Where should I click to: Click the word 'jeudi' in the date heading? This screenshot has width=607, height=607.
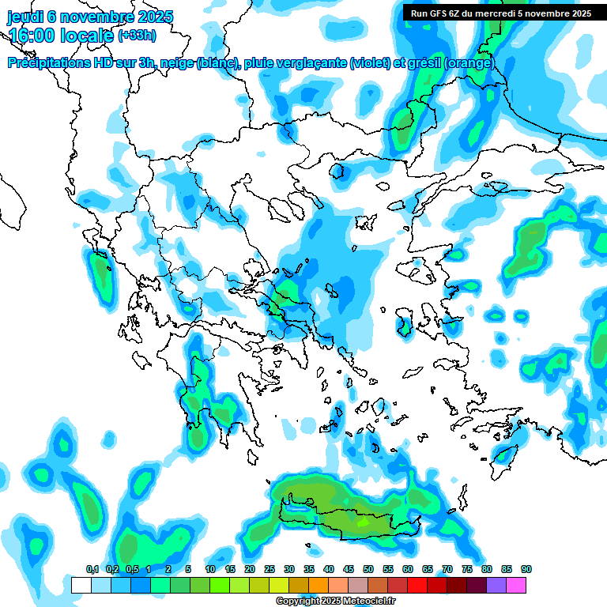pos(25,17)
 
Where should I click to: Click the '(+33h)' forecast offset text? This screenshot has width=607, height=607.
pos(137,36)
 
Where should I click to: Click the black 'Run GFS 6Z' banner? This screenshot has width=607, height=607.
pos(501,13)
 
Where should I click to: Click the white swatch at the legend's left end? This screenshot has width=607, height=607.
pos(81,585)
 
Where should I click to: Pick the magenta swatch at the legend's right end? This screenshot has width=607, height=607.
pos(516,585)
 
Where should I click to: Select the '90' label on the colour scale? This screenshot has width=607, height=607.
pos(526,569)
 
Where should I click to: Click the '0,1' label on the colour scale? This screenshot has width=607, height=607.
pos(92,569)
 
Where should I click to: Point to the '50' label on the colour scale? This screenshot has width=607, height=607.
pos(368,569)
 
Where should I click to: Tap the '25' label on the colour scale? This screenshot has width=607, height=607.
pos(270,569)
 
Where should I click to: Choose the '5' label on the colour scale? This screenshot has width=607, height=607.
pos(188,569)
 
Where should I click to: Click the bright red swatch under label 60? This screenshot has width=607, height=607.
pos(417,585)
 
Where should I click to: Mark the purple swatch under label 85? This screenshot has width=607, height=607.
pos(496,585)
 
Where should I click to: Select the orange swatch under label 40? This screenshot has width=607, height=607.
pos(319,585)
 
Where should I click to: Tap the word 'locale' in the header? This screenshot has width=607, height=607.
pos(89,36)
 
